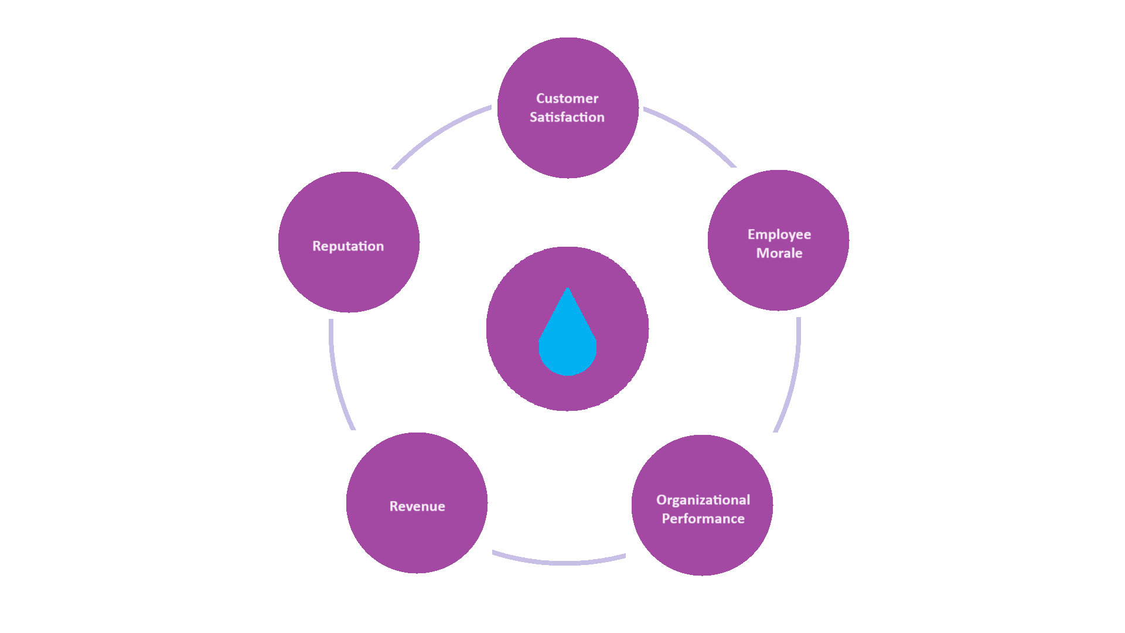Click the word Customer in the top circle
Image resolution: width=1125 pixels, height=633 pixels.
(567, 98)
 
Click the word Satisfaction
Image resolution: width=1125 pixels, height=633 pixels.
(567, 117)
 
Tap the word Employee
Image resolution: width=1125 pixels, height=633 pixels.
(779, 234)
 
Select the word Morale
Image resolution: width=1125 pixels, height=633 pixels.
(779, 253)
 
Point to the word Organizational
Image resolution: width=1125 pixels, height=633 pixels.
(703, 500)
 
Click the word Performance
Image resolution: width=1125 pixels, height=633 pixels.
(703, 519)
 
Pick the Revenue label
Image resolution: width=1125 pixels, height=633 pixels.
(417, 506)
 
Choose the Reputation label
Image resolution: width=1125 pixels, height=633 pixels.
(348, 246)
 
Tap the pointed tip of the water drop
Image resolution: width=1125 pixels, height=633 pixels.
(567, 290)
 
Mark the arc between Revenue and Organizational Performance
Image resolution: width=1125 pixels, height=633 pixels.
(560, 562)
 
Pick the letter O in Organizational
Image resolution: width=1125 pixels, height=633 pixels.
(662, 500)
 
